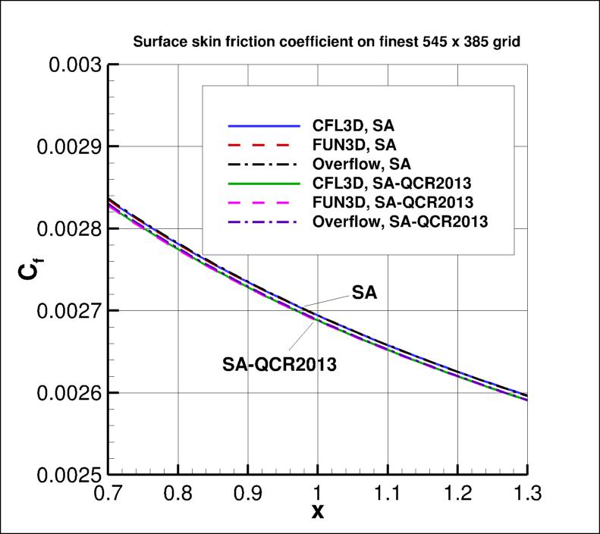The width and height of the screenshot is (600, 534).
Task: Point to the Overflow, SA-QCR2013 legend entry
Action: tap(398, 221)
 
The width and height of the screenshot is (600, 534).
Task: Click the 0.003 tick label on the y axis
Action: tap(74, 64)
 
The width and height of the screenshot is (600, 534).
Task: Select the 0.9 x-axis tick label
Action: tap(248, 494)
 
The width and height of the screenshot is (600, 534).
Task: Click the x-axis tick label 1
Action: tap(318, 494)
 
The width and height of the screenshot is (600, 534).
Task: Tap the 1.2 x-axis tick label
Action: tap(457, 494)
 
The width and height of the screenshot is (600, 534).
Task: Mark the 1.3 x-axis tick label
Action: tap(526, 494)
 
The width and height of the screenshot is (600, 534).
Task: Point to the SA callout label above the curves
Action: tap(363, 293)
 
